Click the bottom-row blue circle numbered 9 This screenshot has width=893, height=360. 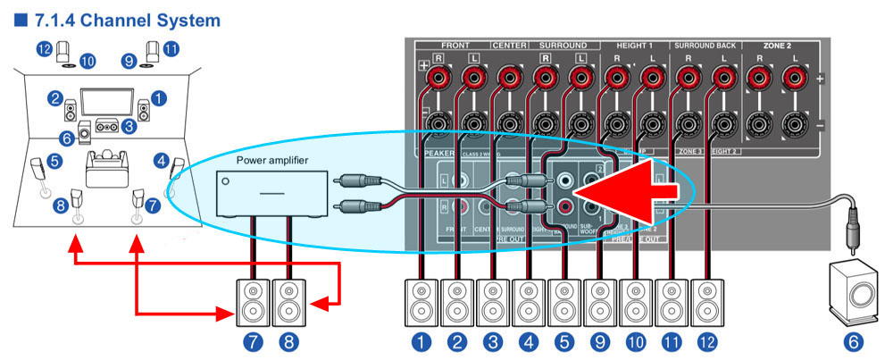(x=598, y=340)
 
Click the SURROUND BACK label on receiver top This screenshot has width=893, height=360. (x=706, y=44)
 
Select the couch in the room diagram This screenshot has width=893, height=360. (x=105, y=166)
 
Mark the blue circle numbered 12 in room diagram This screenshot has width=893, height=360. (x=44, y=49)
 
